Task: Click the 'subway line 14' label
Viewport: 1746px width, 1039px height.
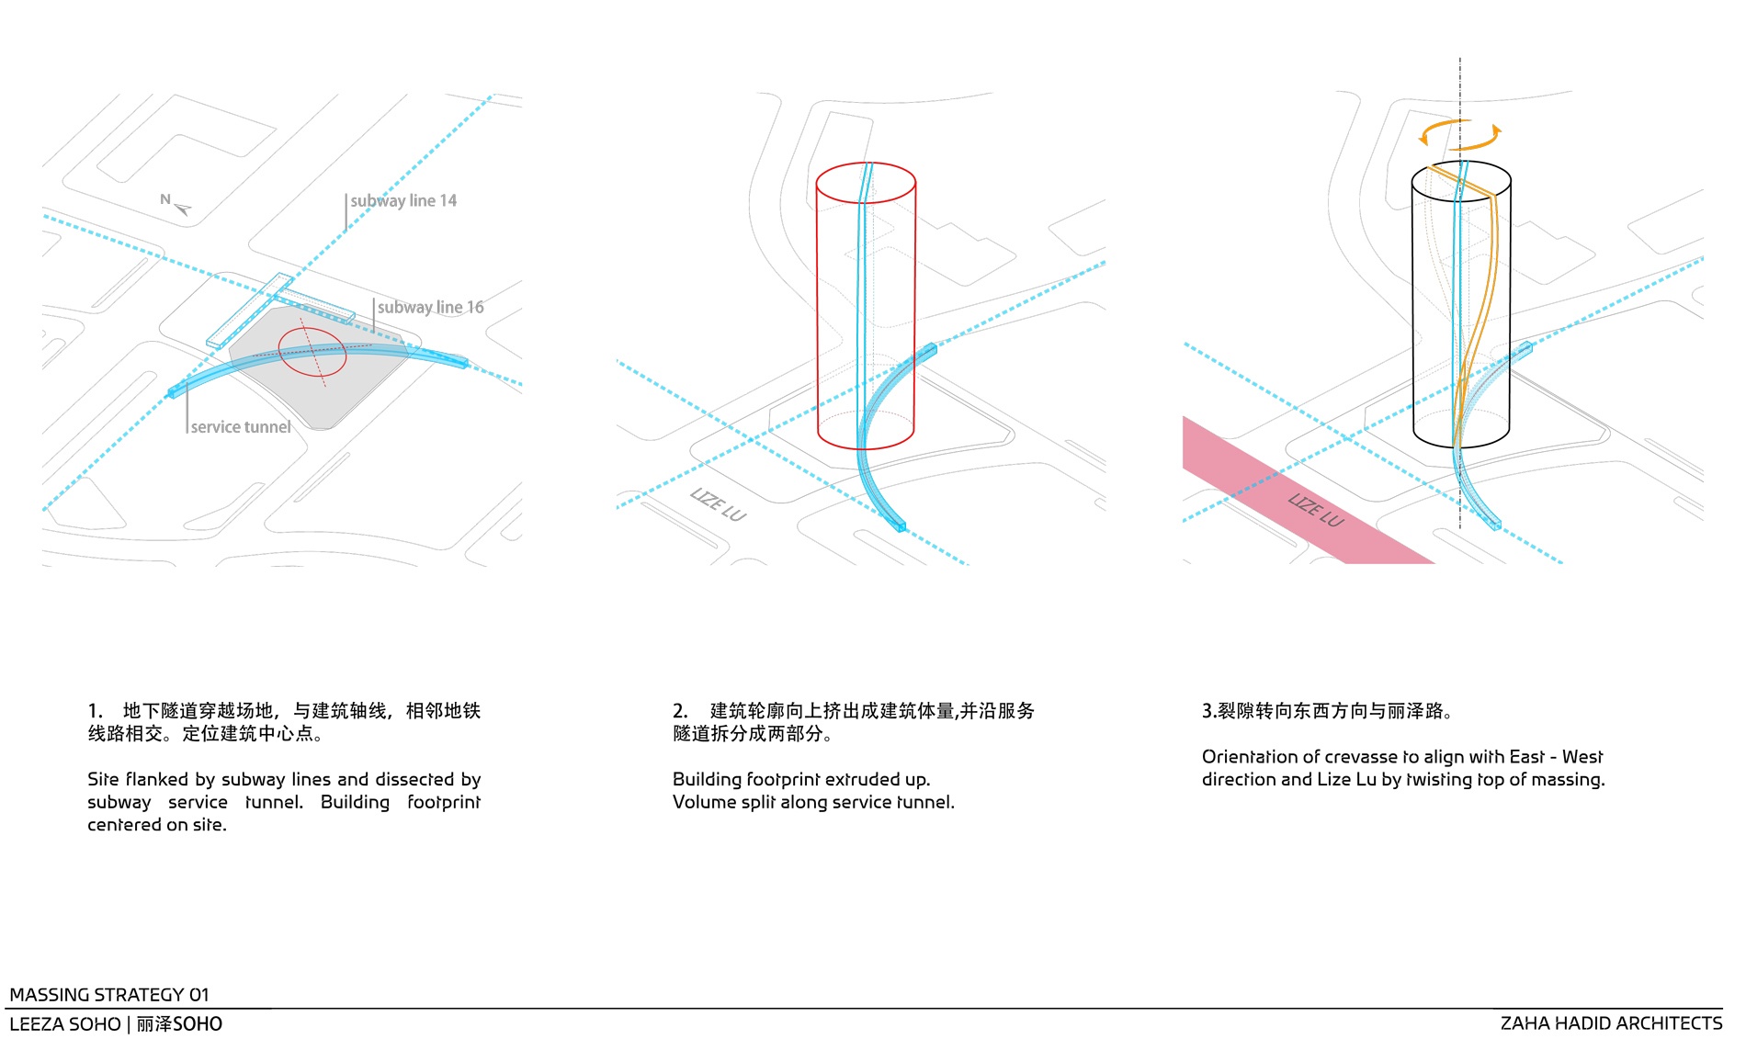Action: point(402,201)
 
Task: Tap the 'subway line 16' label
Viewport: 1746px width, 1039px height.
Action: point(430,308)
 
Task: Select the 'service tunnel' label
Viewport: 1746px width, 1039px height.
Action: point(240,427)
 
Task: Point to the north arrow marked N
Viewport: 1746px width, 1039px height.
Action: point(176,204)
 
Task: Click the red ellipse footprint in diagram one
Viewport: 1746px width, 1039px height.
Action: point(312,353)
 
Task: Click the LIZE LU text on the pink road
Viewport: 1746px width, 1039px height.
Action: point(1316,510)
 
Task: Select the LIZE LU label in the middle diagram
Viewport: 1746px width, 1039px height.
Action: point(719,504)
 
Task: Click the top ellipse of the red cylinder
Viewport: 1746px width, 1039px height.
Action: point(866,183)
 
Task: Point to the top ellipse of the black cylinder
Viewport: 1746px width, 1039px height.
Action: point(1461,182)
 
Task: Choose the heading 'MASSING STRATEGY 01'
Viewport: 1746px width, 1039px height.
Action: point(109,995)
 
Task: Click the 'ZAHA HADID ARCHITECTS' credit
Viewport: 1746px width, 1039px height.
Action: point(1611,1023)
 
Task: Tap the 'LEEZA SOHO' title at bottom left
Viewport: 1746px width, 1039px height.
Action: point(65,1024)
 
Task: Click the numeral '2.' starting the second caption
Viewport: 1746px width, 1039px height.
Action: point(680,711)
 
